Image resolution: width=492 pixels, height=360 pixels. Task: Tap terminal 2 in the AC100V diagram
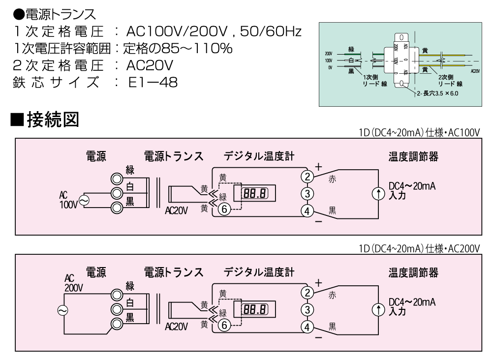click(307, 176)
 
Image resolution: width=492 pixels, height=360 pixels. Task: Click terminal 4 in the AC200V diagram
click(307, 327)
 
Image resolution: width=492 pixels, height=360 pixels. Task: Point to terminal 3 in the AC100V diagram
click(307, 193)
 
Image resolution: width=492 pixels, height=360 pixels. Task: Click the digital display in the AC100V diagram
click(255, 193)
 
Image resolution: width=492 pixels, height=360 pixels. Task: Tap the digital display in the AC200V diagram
click(255, 309)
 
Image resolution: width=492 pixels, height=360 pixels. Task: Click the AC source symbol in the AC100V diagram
click(83, 200)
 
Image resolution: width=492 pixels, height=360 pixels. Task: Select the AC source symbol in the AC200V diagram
click(63, 310)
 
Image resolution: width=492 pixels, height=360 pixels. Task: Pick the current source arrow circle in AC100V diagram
click(378, 193)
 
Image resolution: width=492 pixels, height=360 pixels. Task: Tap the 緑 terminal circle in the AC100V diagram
click(117, 178)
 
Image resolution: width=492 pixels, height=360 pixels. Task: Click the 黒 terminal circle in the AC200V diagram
click(117, 324)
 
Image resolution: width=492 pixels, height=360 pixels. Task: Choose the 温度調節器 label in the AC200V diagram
click(413, 272)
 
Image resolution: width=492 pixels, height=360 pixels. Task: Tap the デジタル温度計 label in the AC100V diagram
click(259, 156)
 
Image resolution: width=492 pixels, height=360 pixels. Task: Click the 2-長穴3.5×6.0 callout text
click(437, 93)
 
